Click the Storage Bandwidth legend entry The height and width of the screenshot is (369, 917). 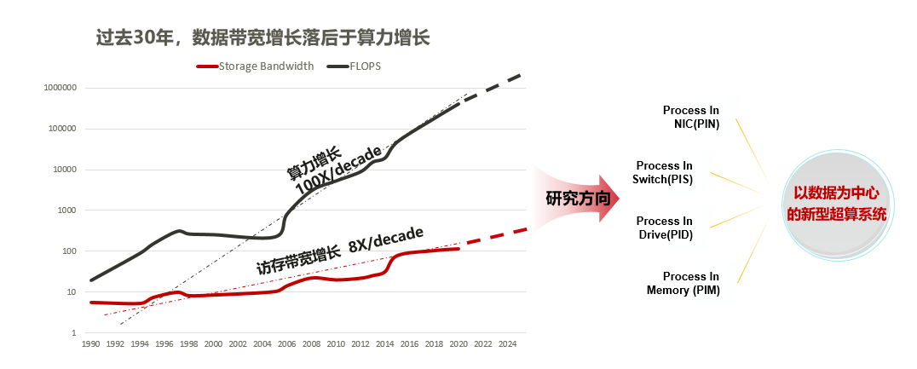point(255,66)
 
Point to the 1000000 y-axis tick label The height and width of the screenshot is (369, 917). point(61,89)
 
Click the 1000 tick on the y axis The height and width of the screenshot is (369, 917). point(68,210)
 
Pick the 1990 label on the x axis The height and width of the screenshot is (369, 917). point(90,344)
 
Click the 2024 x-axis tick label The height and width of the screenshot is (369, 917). point(505,344)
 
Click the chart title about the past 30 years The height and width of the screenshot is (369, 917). point(263,38)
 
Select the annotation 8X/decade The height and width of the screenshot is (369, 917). point(385,239)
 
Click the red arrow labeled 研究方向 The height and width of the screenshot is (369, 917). point(576,199)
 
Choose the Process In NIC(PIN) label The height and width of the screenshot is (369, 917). point(690,117)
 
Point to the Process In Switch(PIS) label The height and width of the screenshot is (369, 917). point(662,172)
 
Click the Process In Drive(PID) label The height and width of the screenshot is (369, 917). point(665,228)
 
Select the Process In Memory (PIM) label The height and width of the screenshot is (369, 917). point(683,283)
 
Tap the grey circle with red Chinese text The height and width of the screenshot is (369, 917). point(836,205)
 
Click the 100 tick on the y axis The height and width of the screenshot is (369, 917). point(71,251)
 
